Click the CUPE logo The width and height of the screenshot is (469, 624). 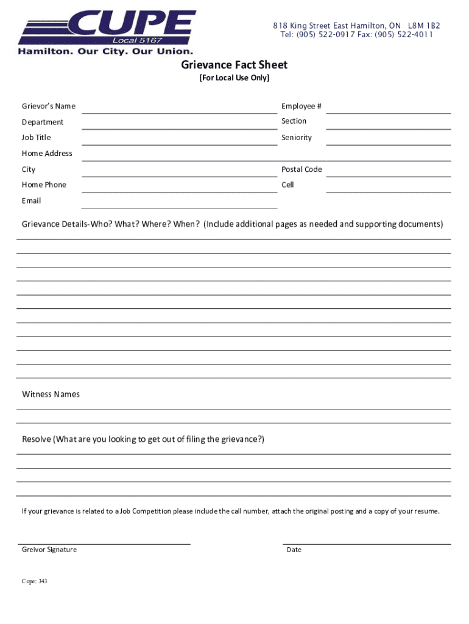coord(107,32)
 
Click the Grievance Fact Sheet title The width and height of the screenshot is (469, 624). coord(234,65)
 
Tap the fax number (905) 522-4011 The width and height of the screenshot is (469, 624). coord(404,35)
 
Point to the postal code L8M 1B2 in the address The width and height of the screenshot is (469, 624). coord(424,26)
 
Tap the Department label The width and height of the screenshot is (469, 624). coord(43,122)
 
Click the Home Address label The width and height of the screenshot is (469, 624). coord(47,154)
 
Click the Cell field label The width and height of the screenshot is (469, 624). coord(287,185)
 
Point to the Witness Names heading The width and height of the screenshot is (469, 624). coord(51,394)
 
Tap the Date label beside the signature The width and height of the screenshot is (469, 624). coord(294,550)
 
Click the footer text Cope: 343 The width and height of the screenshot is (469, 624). coord(34,581)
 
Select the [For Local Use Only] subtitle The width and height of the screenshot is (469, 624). coord(234,79)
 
